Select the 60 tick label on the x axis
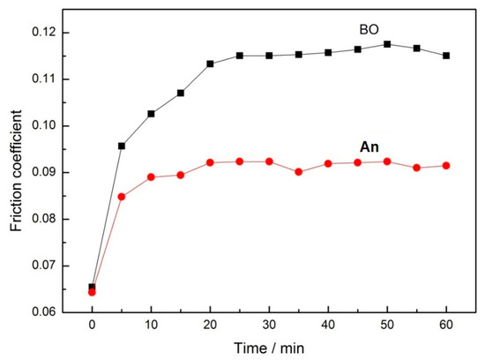click(447, 325)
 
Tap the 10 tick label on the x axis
click(151, 325)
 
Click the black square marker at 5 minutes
click(122, 146)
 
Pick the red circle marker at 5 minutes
click(122, 196)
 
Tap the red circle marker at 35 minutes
click(299, 171)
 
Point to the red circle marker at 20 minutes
click(210, 162)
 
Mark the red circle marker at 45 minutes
click(358, 162)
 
